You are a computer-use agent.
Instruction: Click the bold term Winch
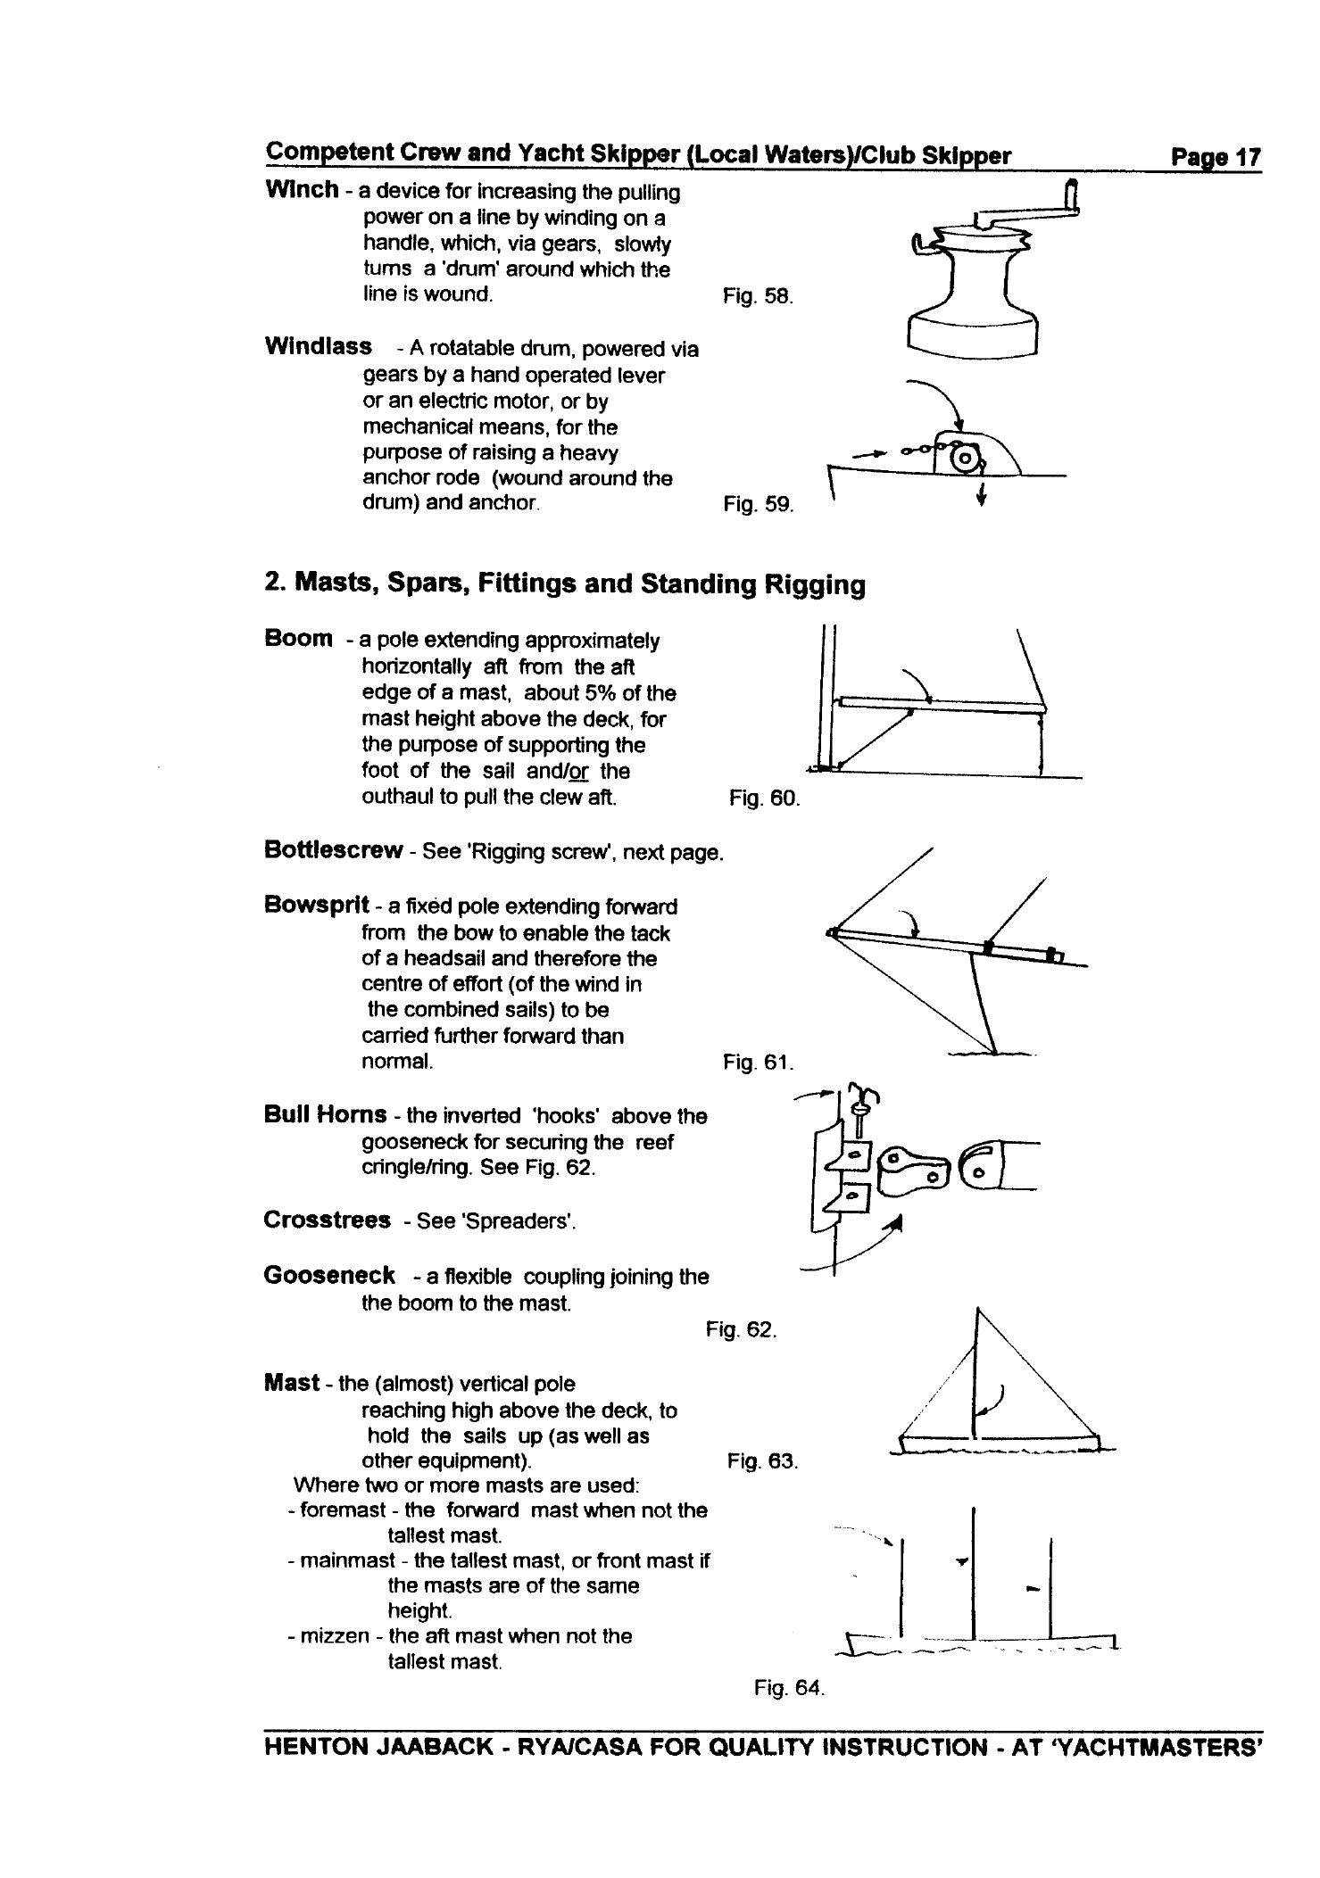(302, 190)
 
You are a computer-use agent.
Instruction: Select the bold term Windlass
(318, 347)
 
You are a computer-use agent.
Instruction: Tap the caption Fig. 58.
(758, 296)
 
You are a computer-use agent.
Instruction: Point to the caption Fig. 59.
(758, 505)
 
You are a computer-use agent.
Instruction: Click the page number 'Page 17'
(1216, 158)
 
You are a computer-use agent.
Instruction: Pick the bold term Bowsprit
(317, 906)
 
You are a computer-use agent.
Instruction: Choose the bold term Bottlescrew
(333, 850)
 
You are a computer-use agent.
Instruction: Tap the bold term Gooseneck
(329, 1276)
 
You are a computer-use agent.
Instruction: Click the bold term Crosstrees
(327, 1220)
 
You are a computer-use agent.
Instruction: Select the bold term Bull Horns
(325, 1115)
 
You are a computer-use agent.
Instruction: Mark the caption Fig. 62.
(741, 1330)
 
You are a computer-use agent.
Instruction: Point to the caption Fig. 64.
(789, 1688)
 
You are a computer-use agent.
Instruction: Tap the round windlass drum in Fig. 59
(964, 459)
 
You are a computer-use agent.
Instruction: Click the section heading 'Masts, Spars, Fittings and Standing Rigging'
(580, 585)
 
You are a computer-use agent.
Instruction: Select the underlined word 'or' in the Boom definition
(578, 771)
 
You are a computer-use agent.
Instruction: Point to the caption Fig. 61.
(758, 1063)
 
